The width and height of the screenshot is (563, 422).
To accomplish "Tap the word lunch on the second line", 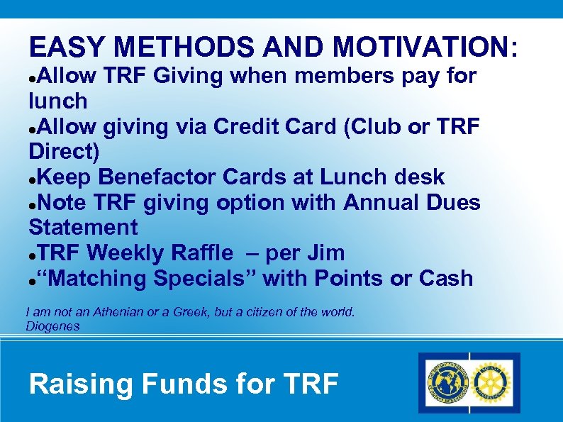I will [x=58, y=101].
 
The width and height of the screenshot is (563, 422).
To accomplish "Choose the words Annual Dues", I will [x=412, y=202].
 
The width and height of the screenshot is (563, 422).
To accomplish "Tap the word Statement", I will [x=83, y=228].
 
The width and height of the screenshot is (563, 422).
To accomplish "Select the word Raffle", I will [x=198, y=252].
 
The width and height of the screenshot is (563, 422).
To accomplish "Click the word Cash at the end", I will [x=446, y=278].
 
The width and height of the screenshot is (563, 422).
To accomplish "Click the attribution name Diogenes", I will [x=52, y=326].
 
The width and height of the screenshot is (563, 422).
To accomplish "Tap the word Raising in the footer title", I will [x=81, y=384].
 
